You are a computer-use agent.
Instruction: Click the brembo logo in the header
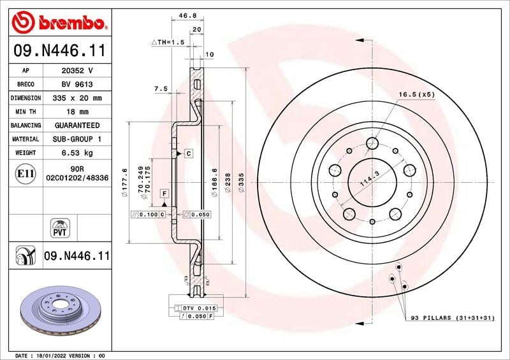[x=59, y=22]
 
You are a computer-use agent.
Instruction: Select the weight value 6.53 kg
[x=77, y=153]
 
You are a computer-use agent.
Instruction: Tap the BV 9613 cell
[x=77, y=84]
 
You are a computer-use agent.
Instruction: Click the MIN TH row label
[x=25, y=112]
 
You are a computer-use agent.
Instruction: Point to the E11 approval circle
[x=25, y=173]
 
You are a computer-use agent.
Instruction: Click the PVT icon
[x=60, y=228]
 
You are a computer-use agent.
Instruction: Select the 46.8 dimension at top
[x=187, y=15]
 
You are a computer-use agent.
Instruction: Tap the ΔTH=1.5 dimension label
[x=168, y=42]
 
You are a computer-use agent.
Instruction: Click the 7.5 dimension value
[x=161, y=89]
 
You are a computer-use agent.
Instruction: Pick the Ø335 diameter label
[x=241, y=182]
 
